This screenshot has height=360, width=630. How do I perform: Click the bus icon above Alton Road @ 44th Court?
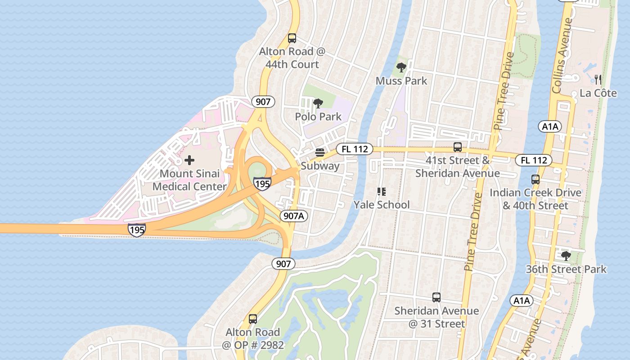[x=292, y=38]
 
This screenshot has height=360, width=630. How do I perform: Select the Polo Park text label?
[x=318, y=117]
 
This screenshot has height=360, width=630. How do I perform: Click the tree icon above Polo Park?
[x=318, y=103]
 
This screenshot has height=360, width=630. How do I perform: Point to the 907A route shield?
[x=294, y=216]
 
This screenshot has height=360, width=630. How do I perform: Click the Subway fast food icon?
[x=320, y=153]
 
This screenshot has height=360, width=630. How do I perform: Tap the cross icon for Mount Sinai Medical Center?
[x=189, y=160]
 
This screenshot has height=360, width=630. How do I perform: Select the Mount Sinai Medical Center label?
[x=189, y=180]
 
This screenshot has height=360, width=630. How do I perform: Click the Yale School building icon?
[x=382, y=192]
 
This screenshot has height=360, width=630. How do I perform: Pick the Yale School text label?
[x=382, y=205]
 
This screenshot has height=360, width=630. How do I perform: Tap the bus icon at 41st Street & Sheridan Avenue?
[x=458, y=147]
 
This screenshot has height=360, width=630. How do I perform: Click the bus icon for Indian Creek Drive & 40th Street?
[x=535, y=180]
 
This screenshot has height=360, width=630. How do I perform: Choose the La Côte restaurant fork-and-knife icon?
[x=598, y=80]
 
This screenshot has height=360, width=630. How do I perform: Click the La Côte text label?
[x=598, y=93]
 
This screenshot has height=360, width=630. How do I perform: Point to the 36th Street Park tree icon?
[x=566, y=256]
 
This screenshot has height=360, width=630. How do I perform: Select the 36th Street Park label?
[x=566, y=269]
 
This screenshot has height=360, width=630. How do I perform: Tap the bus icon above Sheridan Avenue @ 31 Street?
[x=436, y=297]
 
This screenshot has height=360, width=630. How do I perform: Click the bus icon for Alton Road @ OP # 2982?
[x=253, y=319]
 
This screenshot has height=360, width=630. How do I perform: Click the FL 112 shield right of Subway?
[x=355, y=149]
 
